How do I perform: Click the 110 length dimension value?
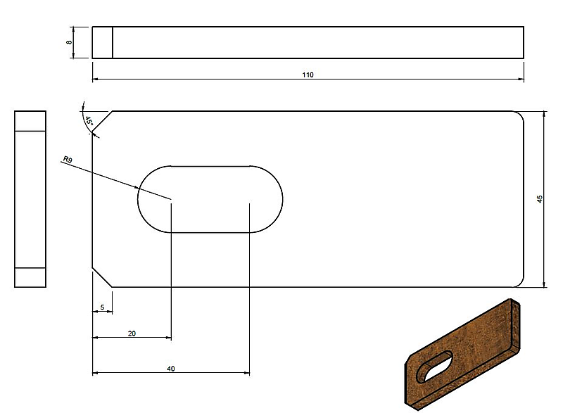pyautogui.click(x=308, y=75)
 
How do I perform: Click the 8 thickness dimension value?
pyautogui.click(x=69, y=42)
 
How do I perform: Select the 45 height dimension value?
pyautogui.click(x=540, y=199)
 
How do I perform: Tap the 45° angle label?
pyautogui.click(x=89, y=121)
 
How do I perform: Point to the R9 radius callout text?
pyautogui.click(x=68, y=159)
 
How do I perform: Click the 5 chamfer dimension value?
pyautogui.click(x=102, y=307)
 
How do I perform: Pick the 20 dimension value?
pyautogui.click(x=132, y=333)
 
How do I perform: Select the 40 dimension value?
pyautogui.click(x=171, y=369)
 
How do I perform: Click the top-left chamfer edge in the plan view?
pyautogui.click(x=103, y=121)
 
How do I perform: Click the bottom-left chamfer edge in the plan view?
pyautogui.click(x=103, y=277)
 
